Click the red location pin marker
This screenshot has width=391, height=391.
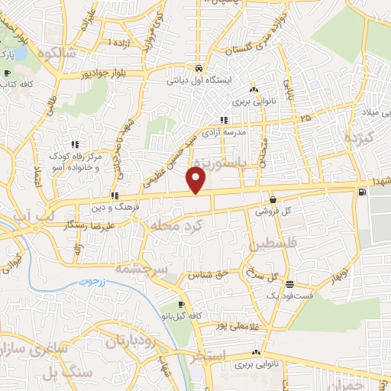click(197, 181)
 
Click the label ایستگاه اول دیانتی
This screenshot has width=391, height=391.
click(199, 78)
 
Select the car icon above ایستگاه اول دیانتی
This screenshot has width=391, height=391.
click(199, 66)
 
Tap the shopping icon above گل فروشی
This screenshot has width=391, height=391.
click(273, 199)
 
